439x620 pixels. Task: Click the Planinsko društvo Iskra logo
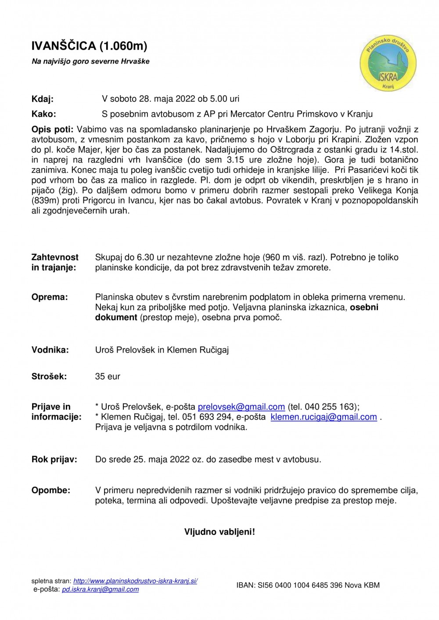[388, 64]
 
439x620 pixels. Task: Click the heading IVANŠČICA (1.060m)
[89, 46]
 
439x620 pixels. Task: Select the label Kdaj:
[42, 99]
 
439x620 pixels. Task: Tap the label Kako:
[43, 114]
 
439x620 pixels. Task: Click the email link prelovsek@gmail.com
[241, 407]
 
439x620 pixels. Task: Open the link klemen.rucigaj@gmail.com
[324, 417]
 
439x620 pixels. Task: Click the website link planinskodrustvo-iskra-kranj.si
[135, 581]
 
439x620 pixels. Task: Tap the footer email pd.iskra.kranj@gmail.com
[100, 589]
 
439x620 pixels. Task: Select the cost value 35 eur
[108, 376]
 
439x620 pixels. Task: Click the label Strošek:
[49, 376]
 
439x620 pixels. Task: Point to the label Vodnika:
[50, 350]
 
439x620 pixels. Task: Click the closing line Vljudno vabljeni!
[219, 532]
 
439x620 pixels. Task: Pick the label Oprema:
[50, 297]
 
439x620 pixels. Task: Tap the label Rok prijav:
[54, 460]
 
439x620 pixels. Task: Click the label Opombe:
[50, 490]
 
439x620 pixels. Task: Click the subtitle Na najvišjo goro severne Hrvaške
[90, 61]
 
